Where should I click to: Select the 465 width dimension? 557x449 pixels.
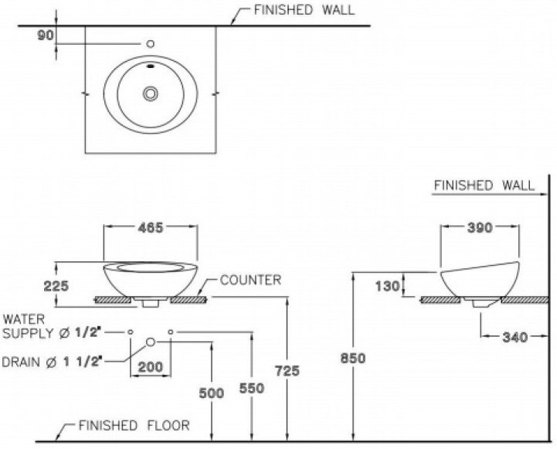coord(149,228)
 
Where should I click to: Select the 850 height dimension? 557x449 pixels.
coord(352,359)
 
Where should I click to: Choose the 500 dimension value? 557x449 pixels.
coord(211,393)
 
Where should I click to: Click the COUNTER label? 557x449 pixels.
coord(250,280)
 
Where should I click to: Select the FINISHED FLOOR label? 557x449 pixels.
coord(134,426)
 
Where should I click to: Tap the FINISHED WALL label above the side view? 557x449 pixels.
coord(483,185)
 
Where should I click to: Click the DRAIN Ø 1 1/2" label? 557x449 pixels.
coord(53,362)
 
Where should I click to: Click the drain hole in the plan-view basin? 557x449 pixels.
coord(151,94)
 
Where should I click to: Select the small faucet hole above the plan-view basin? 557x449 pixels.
coord(151,44)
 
